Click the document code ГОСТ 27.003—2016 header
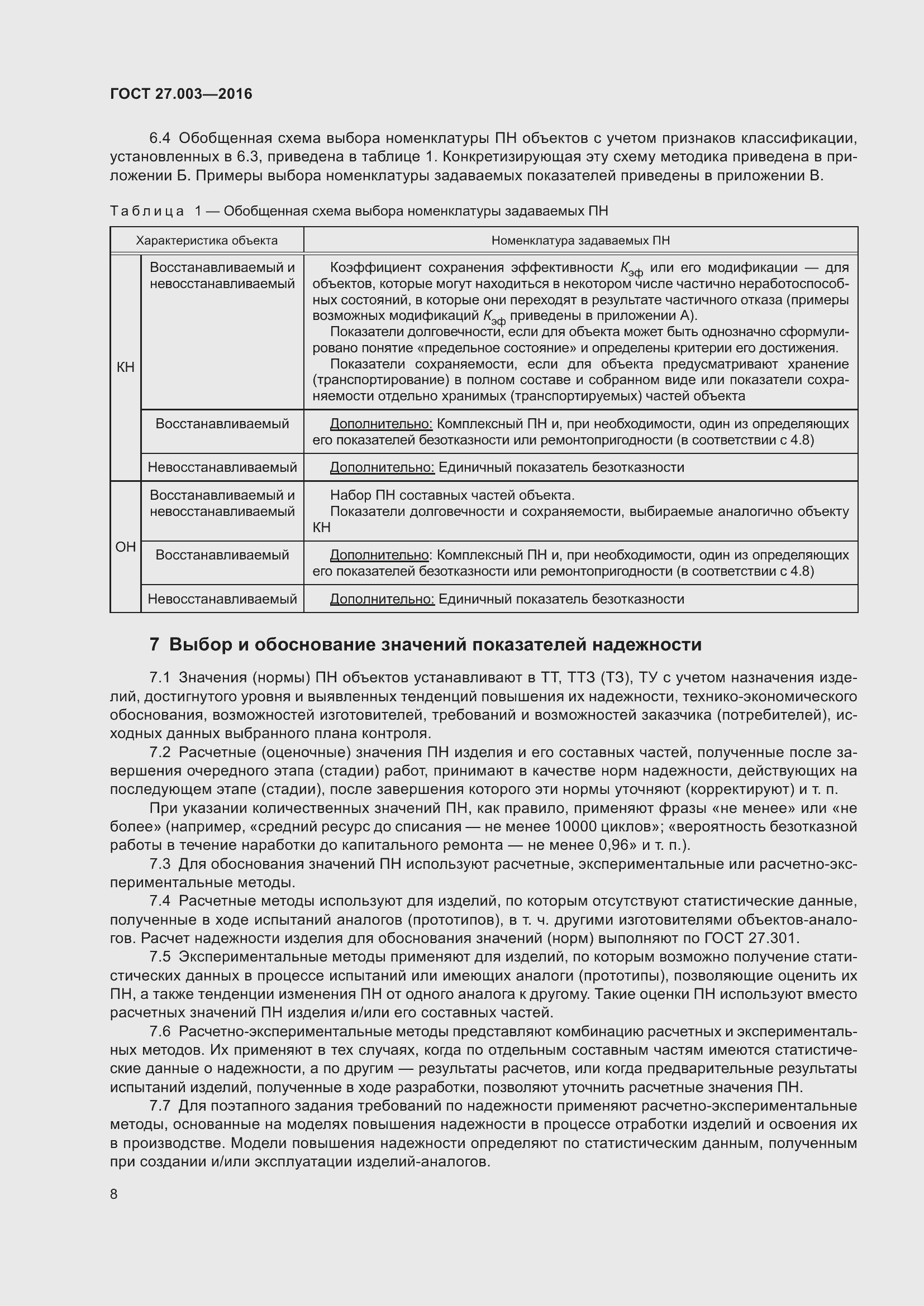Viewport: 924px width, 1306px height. pyautogui.click(x=181, y=94)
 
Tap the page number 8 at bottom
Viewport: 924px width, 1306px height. pyautogui.click(x=114, y=1210)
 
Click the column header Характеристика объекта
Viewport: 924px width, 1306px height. pyautogui.click(x=207, y=241)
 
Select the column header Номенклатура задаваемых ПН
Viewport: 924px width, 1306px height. pyautogui.click(x=580, y=241)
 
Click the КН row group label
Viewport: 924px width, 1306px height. pyautogui.click(x=125, y=367)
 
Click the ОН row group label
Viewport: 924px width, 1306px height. pyautogui.click(x=125, y=547)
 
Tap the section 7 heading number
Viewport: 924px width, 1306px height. pyautogui.click(x=154, y=645)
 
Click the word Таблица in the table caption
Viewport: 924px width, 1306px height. pyautogui.click(x=147, y=212)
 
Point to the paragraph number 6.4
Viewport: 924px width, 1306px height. pyautogui.click(x=160, y=138)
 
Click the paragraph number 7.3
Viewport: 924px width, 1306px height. pyautogui.click(x=160, y=864)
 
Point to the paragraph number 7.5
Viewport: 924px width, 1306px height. pyautogui.click(x=160, y=958)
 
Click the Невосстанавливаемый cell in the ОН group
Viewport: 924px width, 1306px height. pyautogui.click(x=222, y=599)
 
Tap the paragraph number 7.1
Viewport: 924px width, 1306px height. pyautogui.click(x=160, y=677)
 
